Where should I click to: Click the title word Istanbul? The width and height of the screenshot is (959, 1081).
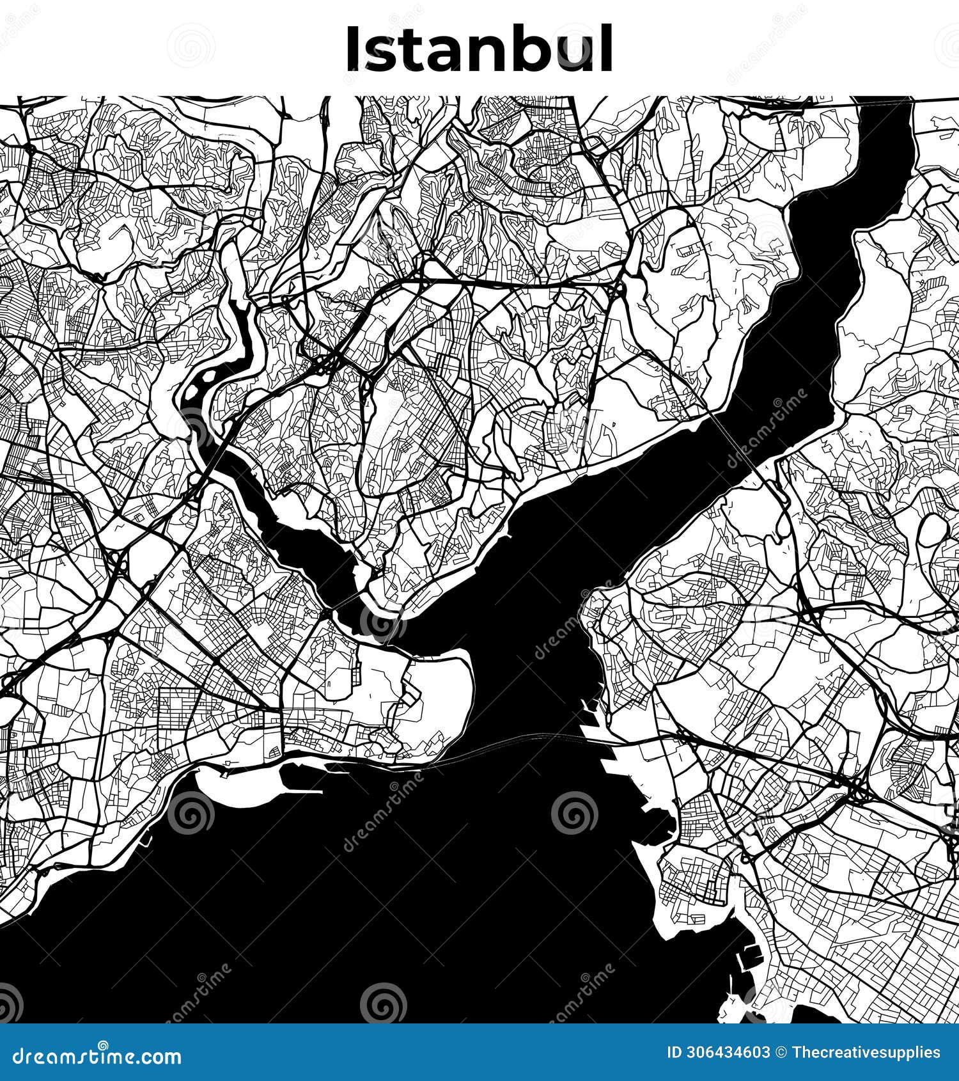[x=479, y=49]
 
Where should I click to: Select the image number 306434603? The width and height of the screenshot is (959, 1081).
[x=726, y=1053]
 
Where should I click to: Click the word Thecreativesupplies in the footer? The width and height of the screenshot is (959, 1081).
[x=866, y=1053]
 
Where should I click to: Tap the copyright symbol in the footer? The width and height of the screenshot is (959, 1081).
[x=781, y=1053]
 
